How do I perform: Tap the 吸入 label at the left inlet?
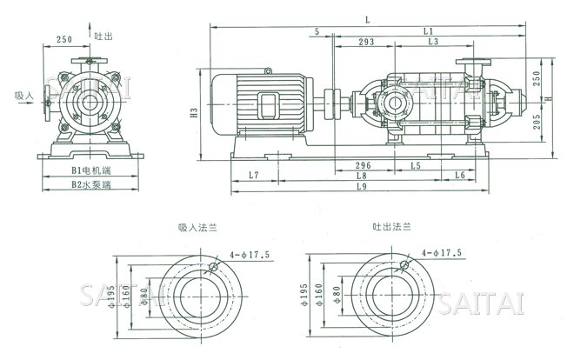[24, 97]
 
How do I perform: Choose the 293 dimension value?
[365, 42]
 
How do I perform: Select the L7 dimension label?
[253, 175]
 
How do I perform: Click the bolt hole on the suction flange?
[211, 266]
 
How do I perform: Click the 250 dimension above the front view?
[63, 40]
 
